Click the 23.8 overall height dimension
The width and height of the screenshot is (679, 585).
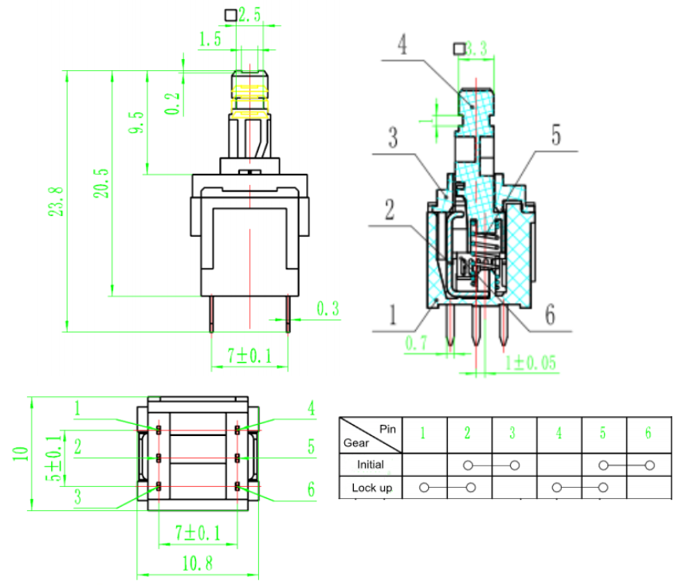pos(57,202)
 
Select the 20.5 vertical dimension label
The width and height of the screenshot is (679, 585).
pos(102,183)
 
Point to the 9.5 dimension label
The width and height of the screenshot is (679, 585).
pos(136,122)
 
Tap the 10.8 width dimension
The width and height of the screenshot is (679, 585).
pos(198,563)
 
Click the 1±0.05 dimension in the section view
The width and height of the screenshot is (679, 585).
pos(531,363)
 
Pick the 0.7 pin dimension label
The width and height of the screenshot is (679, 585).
pos(416,343)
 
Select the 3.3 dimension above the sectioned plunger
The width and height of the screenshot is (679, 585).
pos(477,49)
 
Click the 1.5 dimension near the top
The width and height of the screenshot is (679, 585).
pos(210,39)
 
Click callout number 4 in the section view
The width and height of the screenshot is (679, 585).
pos(402,45)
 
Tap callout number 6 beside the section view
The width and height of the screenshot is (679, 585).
pos(550,314)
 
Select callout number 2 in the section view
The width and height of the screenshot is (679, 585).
pos(391,210)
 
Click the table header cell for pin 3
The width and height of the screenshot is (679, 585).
pos(513,434)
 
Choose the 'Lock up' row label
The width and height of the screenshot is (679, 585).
pos(372,488)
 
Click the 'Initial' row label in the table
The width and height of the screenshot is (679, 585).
pos(371,465)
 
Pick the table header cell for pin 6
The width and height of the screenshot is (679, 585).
pos(648,434)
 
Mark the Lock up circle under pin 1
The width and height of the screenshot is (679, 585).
pos(424,488)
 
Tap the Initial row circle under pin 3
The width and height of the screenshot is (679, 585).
pos(515,465)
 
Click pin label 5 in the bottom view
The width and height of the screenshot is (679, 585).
pos(311,447)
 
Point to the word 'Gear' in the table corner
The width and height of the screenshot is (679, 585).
pos(356,443)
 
